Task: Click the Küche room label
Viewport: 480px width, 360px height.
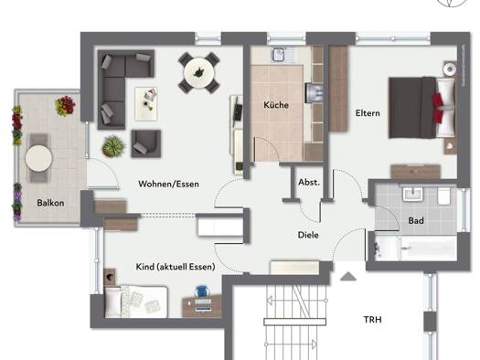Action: (x=276, y=105)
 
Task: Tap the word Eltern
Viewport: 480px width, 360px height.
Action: (x=368, y=113)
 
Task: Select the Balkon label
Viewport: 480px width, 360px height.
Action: (x=50, y=203)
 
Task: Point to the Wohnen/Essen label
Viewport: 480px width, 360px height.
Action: (x=168, y=184)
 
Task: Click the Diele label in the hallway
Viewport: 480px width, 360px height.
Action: (x=308, y=235)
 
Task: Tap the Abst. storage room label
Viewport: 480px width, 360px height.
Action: (x=309, y=183)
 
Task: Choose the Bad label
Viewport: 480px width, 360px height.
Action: (x=416, y=220)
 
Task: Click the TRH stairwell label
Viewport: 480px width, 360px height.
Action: (x=372, y=320)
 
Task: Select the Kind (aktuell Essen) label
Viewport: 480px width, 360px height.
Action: (x=176, y=267)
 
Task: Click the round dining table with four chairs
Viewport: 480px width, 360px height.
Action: (x=199, y=73)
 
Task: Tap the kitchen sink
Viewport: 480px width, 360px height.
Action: (x=279, y=55)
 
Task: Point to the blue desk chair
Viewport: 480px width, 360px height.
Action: (x=202, y=291)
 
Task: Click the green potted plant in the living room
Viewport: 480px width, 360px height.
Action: (x=113, y=146)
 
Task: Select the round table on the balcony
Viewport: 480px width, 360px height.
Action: (x=39, y=158)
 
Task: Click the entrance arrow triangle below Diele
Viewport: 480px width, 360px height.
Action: (x=348, y=277)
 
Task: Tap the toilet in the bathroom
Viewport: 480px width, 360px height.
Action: (x=443, y=196)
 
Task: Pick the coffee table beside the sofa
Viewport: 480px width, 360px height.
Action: (x=146, y=104)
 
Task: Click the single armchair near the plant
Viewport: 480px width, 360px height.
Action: (x=146, y=143)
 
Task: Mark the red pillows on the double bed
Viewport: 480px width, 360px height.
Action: (x=438, y=108)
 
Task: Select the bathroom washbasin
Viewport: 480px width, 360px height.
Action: (x=412, y=194)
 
